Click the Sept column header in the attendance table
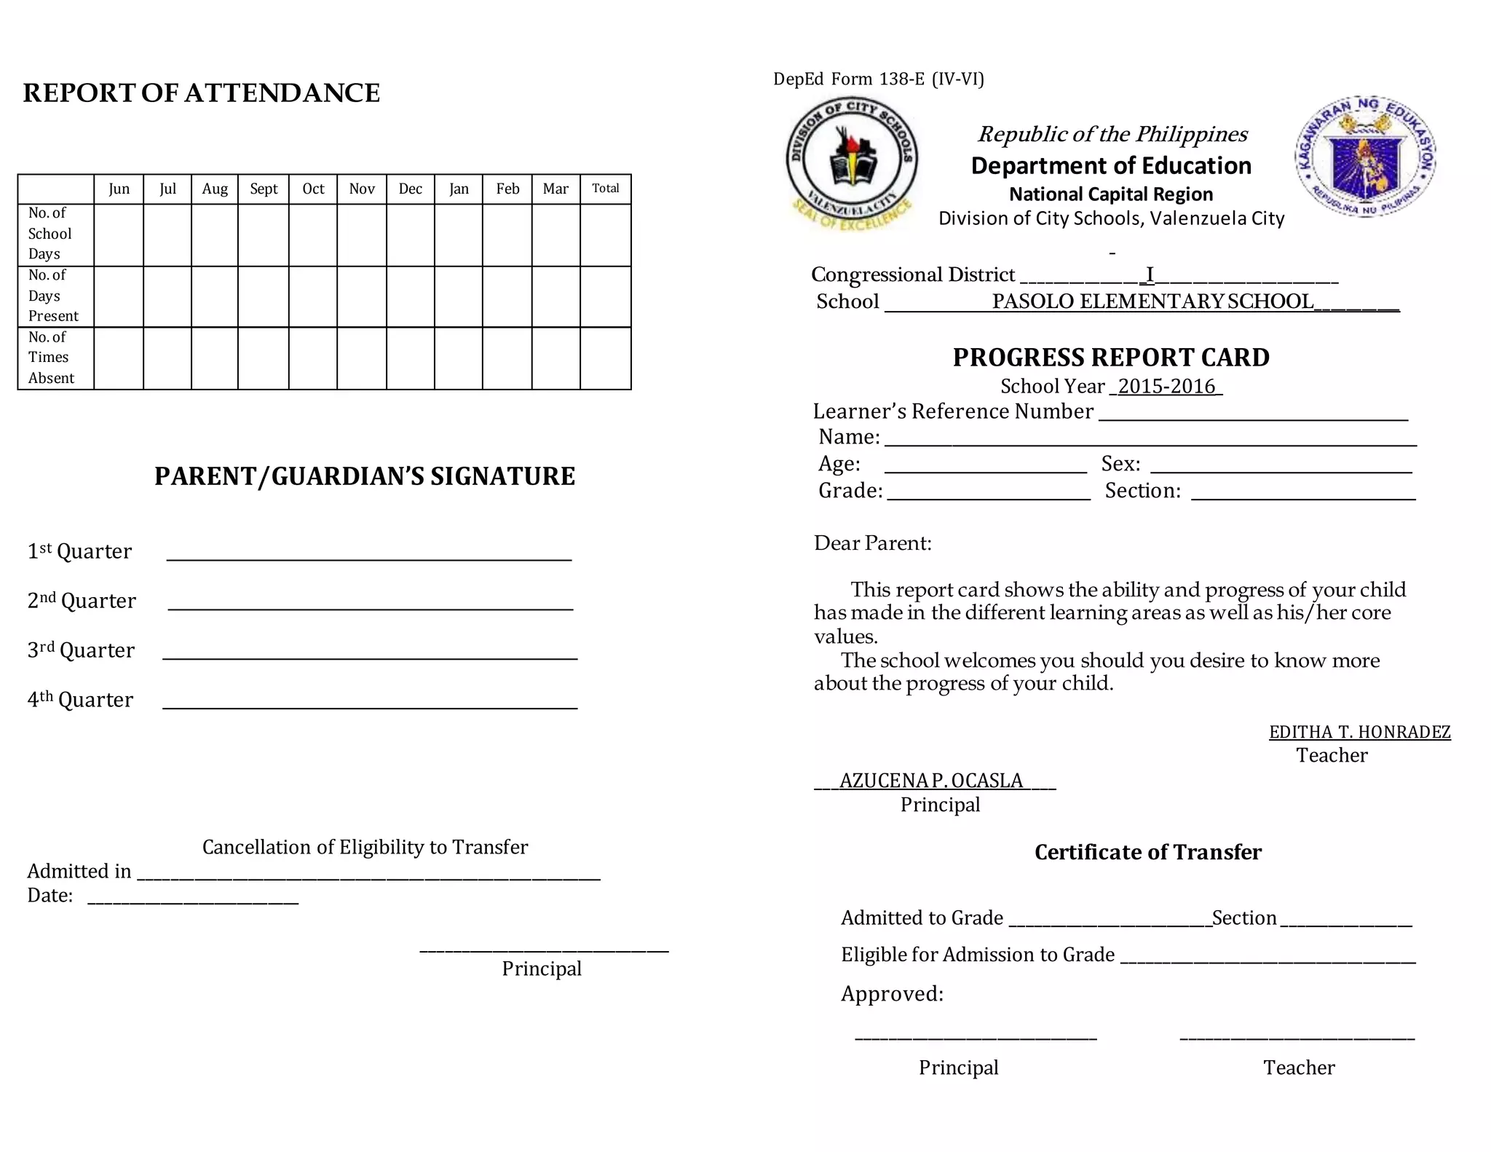264,189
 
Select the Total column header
605,189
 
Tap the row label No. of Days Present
53,296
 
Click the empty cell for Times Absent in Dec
410,358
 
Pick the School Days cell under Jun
119,234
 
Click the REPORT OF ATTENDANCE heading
202,93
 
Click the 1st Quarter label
79,551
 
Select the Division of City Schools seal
851,163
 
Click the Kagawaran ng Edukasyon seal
1365,157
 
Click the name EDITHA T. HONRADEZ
1359,733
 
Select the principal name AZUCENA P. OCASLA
931,781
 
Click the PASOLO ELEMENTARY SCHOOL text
1152,301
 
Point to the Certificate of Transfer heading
1147,852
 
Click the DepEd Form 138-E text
878,79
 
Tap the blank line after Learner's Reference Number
1252,417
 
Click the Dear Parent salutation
872,543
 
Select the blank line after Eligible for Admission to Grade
1267,960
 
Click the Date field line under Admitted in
193,901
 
